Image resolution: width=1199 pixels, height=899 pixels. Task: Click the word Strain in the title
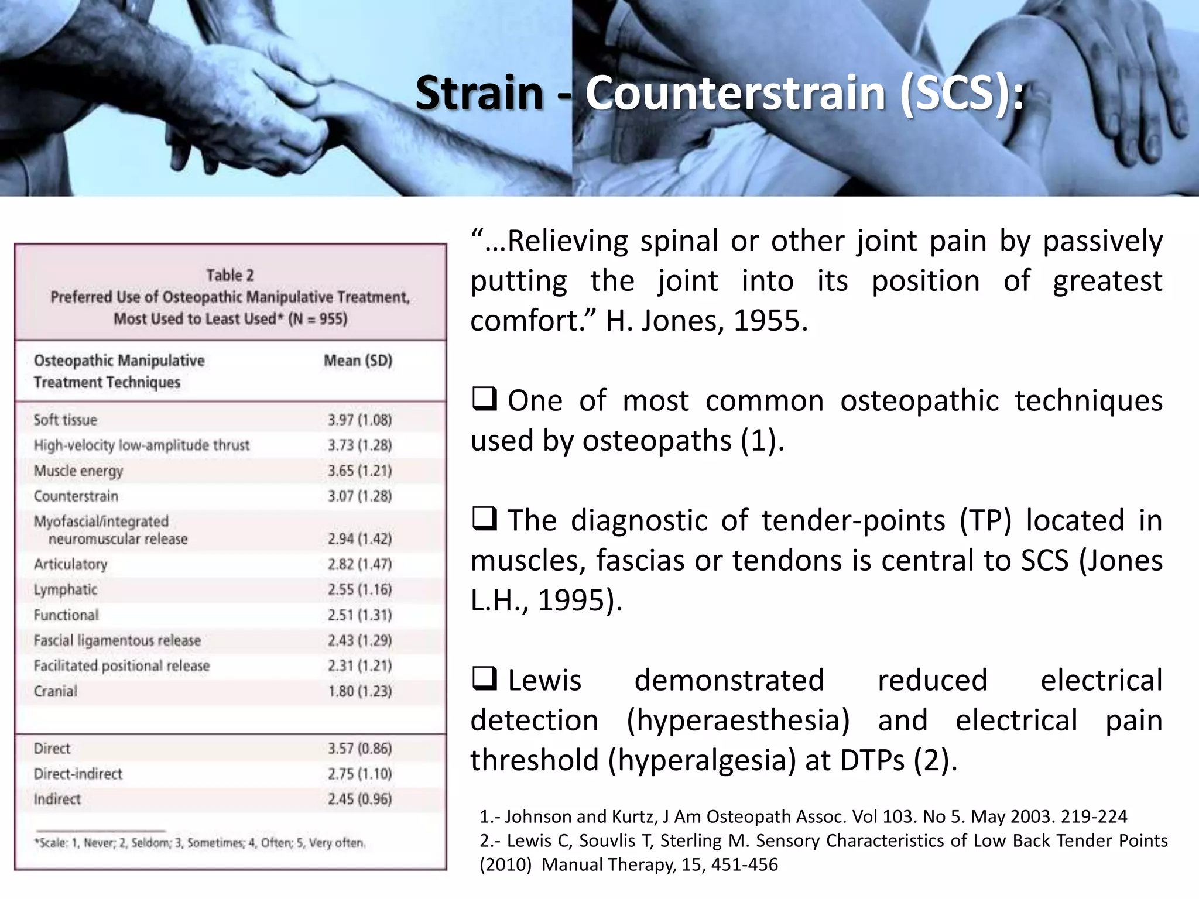(x=479, y=94)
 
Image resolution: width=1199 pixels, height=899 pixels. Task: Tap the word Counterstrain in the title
(x=735, y=94)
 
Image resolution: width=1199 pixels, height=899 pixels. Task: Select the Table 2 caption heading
(x=230, y=275)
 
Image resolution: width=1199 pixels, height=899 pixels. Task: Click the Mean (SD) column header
(x=358, y=361)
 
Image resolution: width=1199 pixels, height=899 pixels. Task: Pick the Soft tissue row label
(x=65, y=420)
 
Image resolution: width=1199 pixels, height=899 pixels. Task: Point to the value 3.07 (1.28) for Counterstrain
(x=359, y=496)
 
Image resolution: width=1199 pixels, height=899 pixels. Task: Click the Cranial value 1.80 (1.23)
(x=359, y=691)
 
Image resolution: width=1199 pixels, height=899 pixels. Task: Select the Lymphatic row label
(x=65, y=589)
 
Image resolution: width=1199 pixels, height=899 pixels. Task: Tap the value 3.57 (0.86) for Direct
(x=359, y=749)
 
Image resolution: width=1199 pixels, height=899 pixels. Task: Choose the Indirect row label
(x=57, y=799)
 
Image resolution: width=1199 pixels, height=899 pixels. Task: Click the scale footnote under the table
(x=200, y=843)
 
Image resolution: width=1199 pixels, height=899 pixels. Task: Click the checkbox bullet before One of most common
(x=484, y=399)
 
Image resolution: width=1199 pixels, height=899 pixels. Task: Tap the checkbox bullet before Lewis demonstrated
(x=484, y=679)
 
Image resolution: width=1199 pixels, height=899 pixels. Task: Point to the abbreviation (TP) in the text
(x=985, y=520)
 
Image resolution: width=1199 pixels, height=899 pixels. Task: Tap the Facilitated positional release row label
(x=121, y=666)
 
